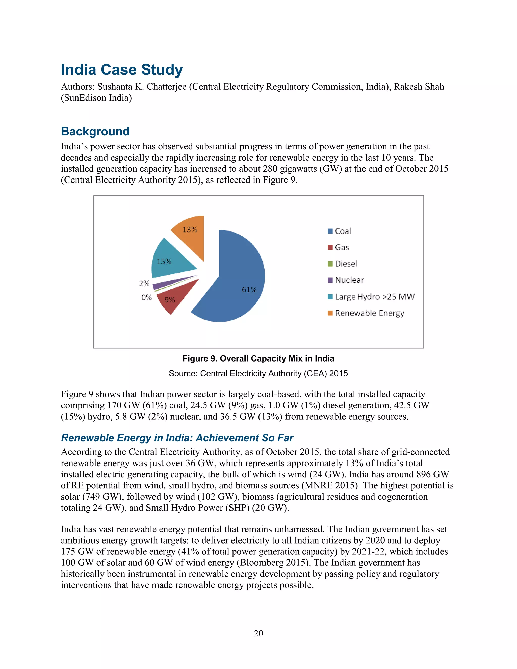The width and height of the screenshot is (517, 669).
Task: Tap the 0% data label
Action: pos(146,297)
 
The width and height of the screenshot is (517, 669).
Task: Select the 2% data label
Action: pos(144,283)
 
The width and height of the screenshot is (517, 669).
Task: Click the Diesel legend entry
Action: pos(346,264)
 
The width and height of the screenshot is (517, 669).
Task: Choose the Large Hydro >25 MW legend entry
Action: pos(374,297)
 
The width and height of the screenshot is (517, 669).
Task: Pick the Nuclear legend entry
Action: pos(349,280)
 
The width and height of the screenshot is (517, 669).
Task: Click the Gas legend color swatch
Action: pos(330,247)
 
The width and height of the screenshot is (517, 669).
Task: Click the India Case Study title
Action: pos(122,70)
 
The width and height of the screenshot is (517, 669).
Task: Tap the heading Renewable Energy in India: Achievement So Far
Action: pos(177,438)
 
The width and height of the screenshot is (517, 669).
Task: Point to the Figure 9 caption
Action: pos(258,358)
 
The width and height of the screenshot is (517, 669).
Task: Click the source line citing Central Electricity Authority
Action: pos(258,373)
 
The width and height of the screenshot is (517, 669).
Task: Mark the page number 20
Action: pos(258,633)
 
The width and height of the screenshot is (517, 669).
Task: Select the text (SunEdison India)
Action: pos(96,98)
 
